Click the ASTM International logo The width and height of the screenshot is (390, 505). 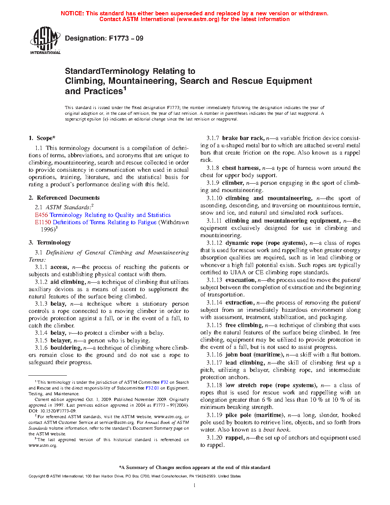(x=45, y=40)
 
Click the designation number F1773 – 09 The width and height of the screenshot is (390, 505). (x=126, y=38)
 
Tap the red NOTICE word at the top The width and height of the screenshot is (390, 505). (x=72, y=13)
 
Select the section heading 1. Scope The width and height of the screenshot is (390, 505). (x=42, y=138)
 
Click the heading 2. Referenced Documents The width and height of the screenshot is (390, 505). (x=64, y=198)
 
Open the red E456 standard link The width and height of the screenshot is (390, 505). (x=41, y=215)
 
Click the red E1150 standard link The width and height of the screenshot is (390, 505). (x=43, y=222)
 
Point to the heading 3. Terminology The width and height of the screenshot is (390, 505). (x=50, y=243)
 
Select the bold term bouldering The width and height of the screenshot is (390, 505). (x=66, y=348)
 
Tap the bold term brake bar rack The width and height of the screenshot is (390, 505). (x=243, y=138)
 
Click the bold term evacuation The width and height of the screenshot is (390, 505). (x=240, y=280)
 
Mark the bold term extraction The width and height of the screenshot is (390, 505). (x=239, y=303)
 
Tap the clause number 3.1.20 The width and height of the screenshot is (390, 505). (x=214, y=438)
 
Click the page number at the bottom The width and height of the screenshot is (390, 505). (x=195, y=485)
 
